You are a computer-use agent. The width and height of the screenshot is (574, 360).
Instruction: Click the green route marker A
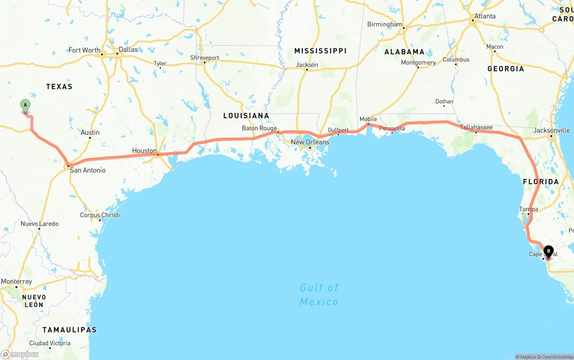click(x=26, y=105)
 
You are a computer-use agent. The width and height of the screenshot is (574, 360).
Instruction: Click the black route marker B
click(x=548, y=252)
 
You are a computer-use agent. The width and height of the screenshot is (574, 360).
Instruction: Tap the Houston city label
click(x=144, y=151)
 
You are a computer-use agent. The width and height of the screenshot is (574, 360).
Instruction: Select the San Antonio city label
click(x=88, y=170)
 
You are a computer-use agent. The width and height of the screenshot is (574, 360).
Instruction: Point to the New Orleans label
click(x=310, y=142)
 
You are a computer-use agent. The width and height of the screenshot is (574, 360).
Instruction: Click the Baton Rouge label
click(x=259, y=128)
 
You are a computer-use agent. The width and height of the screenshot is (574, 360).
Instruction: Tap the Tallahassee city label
click(x=476, y=127)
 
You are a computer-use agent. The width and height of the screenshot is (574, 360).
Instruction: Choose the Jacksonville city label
click(x=552, y=130)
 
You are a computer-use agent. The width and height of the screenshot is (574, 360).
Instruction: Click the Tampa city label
click(x=528, y=209)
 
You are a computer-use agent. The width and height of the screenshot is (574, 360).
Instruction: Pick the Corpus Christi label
click(x=100, y=215)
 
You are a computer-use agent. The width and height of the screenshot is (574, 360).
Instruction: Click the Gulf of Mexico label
click(x=319, y=294)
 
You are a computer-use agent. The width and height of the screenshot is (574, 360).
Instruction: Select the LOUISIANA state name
click(x=246, y=116)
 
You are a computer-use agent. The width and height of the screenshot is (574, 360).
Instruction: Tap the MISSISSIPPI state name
click(x=320, y=51)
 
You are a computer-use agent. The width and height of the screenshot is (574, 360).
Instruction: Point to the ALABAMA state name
click(x=404, y=52)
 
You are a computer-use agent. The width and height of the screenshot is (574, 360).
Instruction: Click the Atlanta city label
click(x=485, y=16)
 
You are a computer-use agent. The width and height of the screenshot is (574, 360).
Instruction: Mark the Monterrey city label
click(x=17, y=282)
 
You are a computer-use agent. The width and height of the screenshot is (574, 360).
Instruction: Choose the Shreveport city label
click(x=204, y=58)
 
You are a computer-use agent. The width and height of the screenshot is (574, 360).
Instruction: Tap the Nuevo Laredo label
click(x=39, y=224)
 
